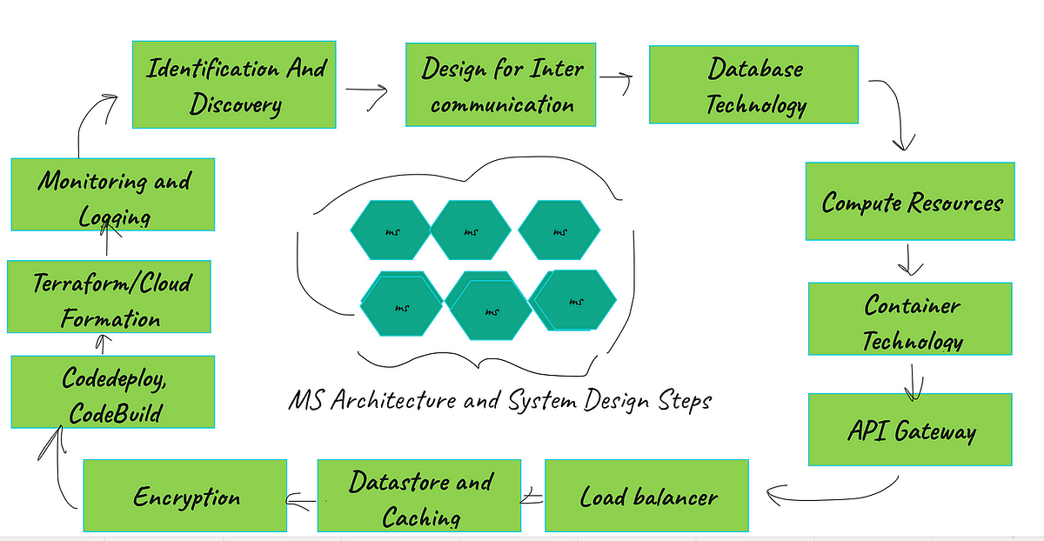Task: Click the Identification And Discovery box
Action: pyautogui.click(x=234, y=85)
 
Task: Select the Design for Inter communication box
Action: pyautogui.click(x=502, y=85)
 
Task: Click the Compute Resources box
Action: pyautogui.click(x=910, y=201)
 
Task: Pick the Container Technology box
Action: pyautogui.click(x=910, y=318)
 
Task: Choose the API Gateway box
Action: pyautogui.click(x=910, y=430)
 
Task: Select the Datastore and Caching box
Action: pyautogui.click(x=418, y=496)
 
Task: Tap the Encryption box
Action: pyautogui.click(x=184, y=496)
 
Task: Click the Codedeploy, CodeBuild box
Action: pyautogui.click(x=112, y=392)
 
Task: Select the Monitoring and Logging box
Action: pyautogui.click(x=112, y=194)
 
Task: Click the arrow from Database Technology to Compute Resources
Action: pyautogui.click(x=899, y=109)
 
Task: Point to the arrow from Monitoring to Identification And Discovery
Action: pyautogui.click(x=90, y=122)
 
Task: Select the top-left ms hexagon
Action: pyautogui.click(x=391, y=230)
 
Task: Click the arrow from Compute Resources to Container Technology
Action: pyautogui.click(x=910, y=259)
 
